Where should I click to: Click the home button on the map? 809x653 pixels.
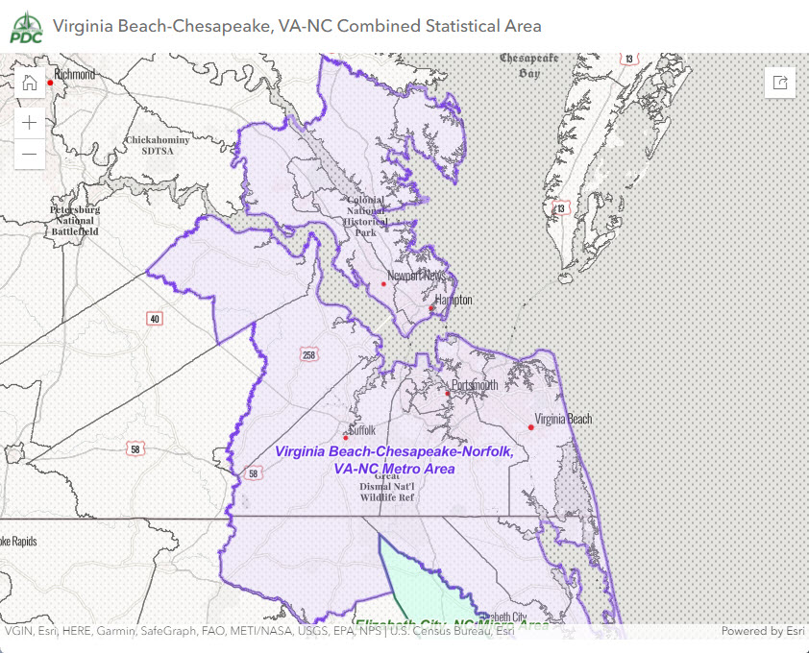point(30,83)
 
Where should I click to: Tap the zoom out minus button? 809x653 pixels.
point(30,154)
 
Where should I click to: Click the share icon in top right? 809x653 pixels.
point(780,83)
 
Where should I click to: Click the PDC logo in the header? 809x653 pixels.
point(25,26)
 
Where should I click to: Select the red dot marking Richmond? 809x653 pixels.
point(50,83)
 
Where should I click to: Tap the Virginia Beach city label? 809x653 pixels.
point(564,419)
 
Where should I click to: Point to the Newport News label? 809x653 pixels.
point(416,276)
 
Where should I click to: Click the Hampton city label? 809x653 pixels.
point(454,300)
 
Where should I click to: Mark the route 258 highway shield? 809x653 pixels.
point(308,355)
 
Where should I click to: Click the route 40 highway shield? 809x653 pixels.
point(154,318)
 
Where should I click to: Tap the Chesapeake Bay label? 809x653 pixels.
point(528,65)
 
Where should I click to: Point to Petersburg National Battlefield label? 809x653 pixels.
point(74,220)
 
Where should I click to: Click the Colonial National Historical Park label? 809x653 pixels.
point(366,216)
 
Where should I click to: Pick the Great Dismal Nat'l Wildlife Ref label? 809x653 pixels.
point(387,487)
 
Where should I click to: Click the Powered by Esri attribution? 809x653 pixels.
point(762,631)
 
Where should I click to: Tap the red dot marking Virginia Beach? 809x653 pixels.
point(530,427)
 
